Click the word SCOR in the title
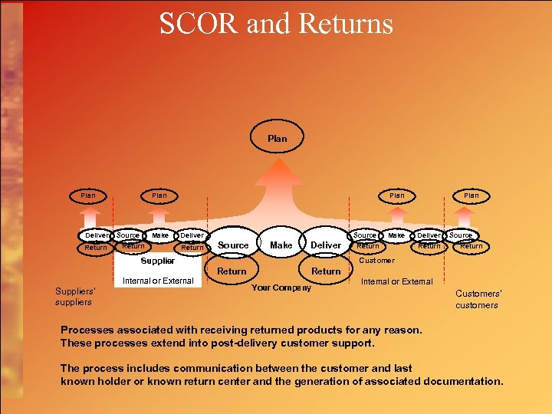(199, 24)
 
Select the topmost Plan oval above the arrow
(278, 139)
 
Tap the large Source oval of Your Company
(233, 245)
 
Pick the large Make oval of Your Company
(281, 245)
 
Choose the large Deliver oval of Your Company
(326, 245)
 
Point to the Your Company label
(281, 287)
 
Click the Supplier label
(157, 261)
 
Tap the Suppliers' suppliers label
(75, 296)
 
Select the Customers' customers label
(477, 299)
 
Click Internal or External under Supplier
(158, 281)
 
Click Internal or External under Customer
(396, 281)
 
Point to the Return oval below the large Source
(232, 271)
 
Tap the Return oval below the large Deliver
(326, 271)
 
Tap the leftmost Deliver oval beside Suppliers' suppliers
(97, 235)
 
